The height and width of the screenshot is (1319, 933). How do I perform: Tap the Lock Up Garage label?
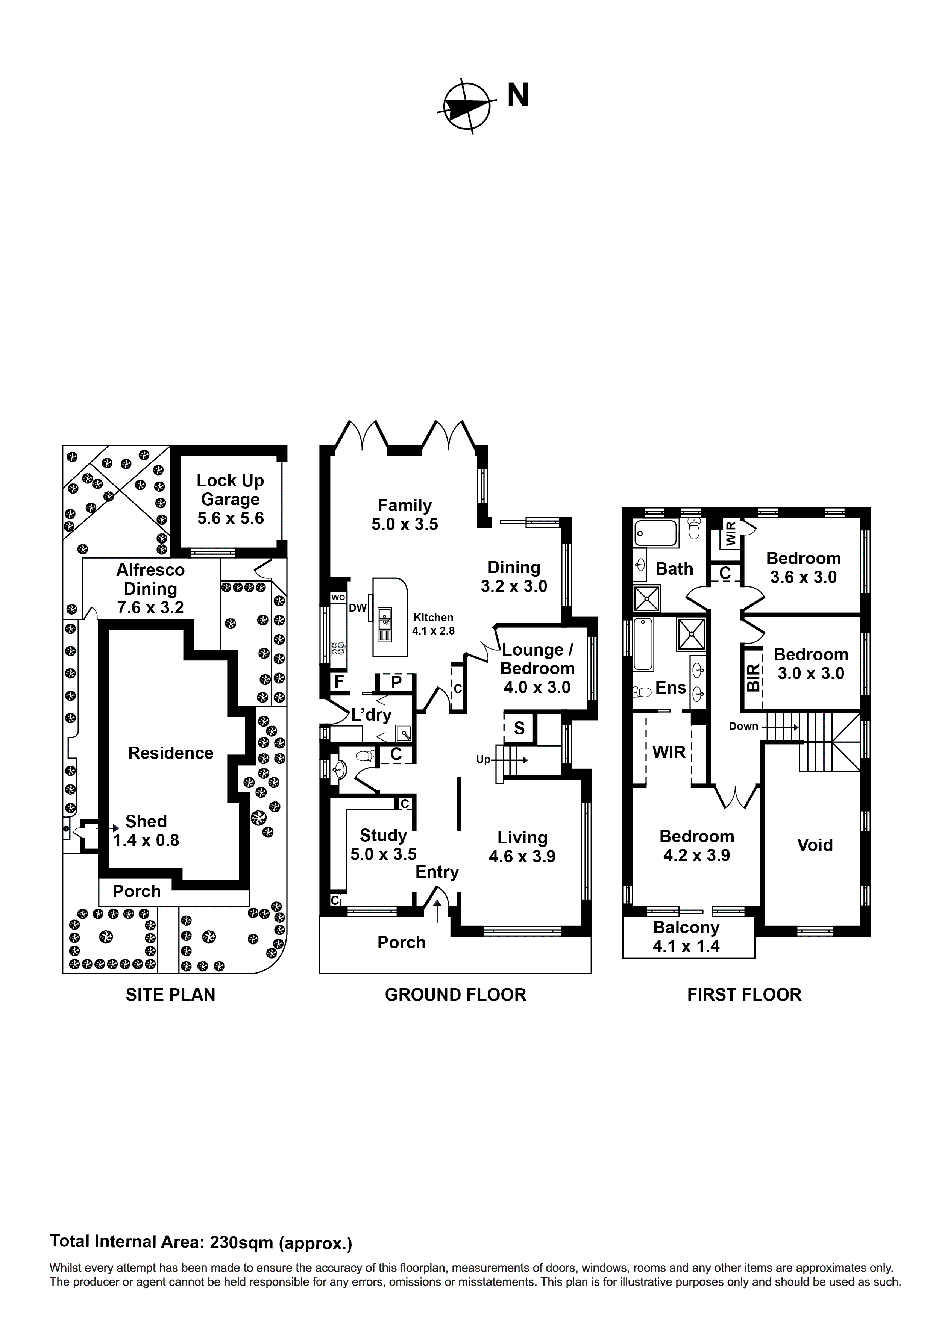(231, 499)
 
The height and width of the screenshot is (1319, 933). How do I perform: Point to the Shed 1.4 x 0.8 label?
(146, 831)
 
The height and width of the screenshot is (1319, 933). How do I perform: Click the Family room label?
(405, 515)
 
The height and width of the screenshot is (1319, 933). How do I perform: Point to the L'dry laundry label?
(372, 715)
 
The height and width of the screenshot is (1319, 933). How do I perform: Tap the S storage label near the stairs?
(519, 728)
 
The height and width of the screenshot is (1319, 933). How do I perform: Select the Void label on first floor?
(815, 845)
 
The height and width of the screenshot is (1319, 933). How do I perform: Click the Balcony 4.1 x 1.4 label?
(686, 937)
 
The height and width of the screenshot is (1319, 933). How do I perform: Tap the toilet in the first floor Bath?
(694, 528)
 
